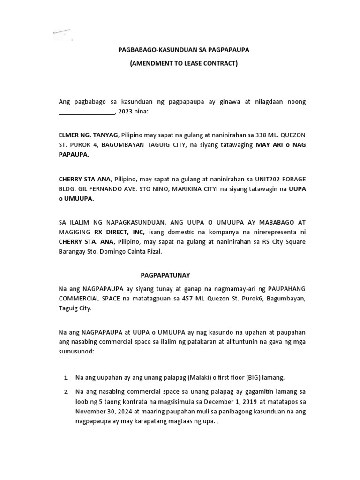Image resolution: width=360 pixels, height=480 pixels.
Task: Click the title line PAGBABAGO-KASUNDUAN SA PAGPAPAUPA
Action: point(183,50)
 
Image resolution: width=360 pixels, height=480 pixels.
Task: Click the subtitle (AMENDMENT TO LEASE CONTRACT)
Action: point(184,63)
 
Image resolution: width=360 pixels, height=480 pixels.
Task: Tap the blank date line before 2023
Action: point(87,112)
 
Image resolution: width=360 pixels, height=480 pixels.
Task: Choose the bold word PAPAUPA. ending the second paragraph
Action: point(74,156)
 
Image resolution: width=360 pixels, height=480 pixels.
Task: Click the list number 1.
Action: point(66,378)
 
